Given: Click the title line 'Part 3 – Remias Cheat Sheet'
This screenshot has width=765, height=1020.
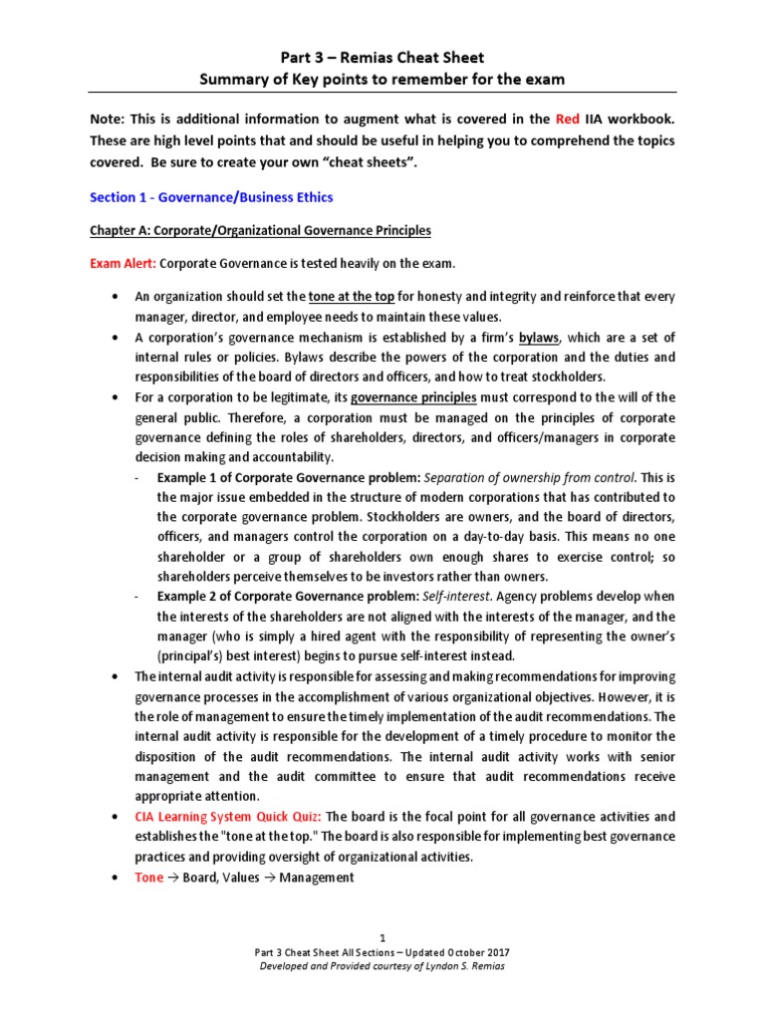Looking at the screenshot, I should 382,58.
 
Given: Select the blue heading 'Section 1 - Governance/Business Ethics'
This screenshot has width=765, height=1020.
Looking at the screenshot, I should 211,196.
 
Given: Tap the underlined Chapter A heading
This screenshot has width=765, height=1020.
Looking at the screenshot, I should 260,231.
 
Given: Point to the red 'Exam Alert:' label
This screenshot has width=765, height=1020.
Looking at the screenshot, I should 123,265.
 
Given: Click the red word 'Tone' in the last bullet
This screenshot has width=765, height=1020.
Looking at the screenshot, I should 149,878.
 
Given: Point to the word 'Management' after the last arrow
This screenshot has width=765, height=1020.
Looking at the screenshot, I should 316,878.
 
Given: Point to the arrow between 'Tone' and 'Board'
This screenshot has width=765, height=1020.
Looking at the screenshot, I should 172,878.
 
